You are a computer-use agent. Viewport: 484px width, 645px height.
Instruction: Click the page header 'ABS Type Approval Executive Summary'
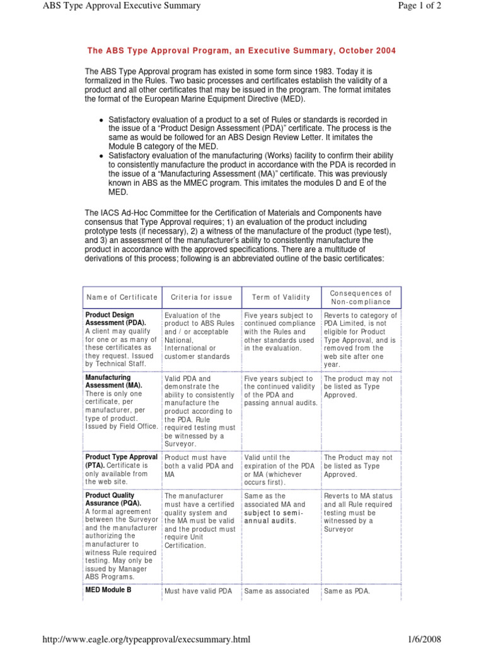(121, 6)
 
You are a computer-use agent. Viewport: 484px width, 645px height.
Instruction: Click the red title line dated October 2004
(241, 50)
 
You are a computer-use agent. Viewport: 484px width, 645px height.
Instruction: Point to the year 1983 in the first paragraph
(316, 72)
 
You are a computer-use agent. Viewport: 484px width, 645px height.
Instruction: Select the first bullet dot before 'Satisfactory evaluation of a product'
(101, 120)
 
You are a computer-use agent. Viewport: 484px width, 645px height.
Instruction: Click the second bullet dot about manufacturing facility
(101, 155)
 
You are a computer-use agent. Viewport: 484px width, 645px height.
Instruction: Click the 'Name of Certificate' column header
(122, 297)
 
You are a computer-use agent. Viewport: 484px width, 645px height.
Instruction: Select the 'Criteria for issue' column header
(201, 297)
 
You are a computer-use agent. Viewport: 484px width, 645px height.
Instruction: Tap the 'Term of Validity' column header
(281, 297)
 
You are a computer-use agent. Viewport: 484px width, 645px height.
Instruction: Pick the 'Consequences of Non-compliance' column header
(361, 297)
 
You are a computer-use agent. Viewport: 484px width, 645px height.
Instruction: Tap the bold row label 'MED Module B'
(108, 591)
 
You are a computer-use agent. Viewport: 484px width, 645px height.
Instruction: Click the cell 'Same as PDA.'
(347, 591)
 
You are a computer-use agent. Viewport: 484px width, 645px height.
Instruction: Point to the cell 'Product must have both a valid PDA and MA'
(199, 465)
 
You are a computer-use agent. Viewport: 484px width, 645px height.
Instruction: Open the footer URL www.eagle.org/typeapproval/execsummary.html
(146, 639)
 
